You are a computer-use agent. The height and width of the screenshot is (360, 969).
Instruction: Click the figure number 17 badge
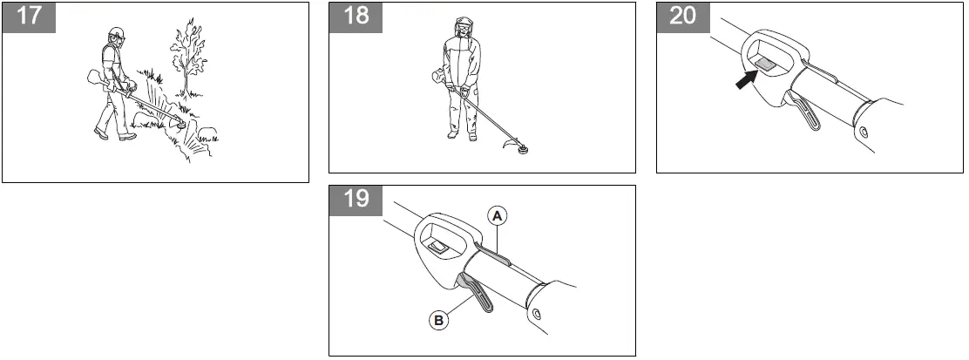point(29,17)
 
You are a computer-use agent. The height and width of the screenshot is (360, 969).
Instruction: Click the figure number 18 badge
point(356,17)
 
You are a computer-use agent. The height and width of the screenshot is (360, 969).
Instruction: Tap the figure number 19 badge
point(356,200)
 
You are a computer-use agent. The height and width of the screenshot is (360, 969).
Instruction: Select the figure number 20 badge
point(682,17)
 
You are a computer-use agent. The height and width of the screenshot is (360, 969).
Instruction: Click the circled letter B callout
point(439,320)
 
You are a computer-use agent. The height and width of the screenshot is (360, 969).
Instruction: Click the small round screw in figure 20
point(862,132)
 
